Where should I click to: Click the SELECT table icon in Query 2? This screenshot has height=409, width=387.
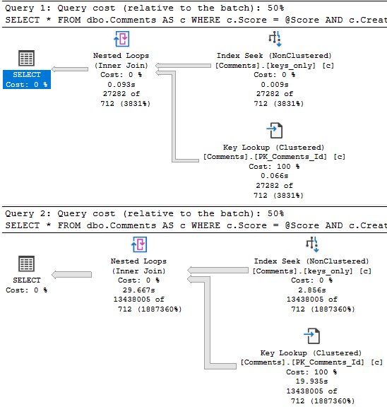(26, 263)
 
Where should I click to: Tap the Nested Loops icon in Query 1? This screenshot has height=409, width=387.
(121, 39)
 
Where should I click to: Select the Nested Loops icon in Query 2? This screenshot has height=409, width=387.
(139, 244)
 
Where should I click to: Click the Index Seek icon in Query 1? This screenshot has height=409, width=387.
(275, 39)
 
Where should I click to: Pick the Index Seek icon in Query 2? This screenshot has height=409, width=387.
(312, 244)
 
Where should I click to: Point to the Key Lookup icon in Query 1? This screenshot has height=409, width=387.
(275, 131)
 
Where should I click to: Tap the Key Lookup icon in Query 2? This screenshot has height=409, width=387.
(312, 336)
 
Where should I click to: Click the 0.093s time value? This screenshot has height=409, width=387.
(121, 85)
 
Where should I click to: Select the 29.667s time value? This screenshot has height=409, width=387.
(139, 290)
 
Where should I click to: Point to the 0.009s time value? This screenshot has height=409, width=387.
(275, 85)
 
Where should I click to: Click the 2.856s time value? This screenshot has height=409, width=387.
(312, 290)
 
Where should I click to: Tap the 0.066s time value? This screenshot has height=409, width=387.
(275, 176)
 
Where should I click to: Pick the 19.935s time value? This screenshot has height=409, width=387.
(312, 381)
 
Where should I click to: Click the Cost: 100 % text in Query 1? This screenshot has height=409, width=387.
(274, 167)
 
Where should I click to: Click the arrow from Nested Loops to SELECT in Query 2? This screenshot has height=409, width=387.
(72, 274)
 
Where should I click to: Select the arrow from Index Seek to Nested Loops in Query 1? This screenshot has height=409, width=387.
(184, 66)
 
